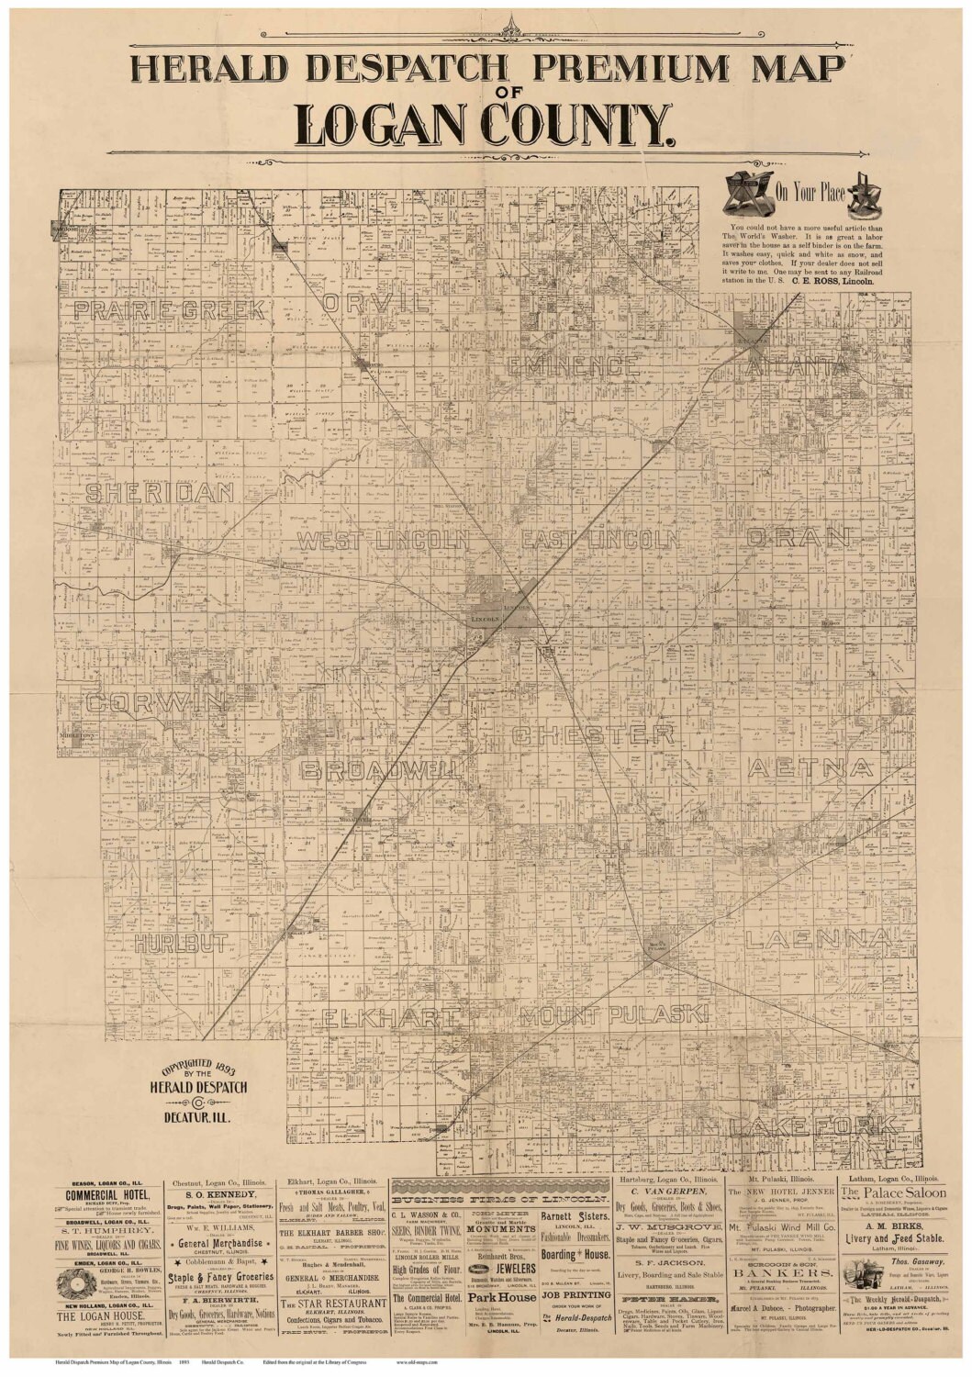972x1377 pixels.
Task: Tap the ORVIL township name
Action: pyautogui.click(x=376, y=303)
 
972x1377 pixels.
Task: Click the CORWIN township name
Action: pyautogui.click(x=156, y=703)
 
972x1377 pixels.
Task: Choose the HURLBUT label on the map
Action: pyautogui.click(x=180, y=943)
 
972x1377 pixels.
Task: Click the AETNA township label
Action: pyautogui.click(x=810, y=767)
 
